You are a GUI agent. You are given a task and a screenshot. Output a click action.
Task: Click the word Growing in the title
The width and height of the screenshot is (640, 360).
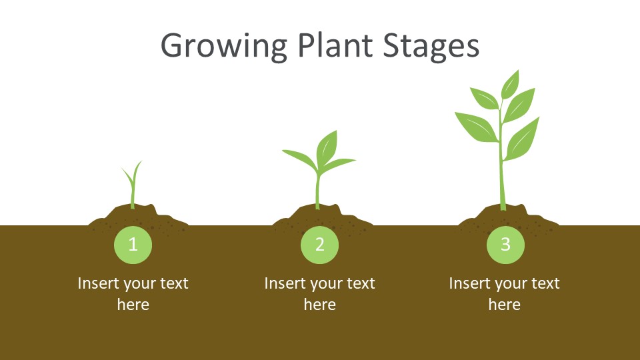tap(224, 46)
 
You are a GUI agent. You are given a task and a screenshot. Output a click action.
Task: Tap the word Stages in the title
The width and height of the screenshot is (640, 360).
tap(431, 46)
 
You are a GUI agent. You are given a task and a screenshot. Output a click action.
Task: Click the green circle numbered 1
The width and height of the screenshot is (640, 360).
tap(133, 245)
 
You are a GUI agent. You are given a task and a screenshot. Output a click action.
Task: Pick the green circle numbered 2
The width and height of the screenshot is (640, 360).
tap(319, 245)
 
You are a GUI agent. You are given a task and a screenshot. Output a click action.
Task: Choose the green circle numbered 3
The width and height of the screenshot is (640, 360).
tap(505, 245)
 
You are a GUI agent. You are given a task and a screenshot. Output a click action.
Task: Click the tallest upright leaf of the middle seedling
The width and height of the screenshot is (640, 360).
tap(327, 148)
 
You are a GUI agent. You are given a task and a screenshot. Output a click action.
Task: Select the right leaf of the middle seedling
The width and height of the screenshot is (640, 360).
tap(338, 164)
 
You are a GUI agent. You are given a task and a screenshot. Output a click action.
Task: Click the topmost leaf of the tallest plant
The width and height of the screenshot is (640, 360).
tap(510, 85)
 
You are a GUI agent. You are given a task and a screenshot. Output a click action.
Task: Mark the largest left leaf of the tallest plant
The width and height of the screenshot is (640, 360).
tap(477, 127)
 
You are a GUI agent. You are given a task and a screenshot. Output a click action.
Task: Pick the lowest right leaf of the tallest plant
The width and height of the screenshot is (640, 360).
tap(523, 139)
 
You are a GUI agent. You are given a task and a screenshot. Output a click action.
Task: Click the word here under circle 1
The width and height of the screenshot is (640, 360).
tap(133, 305)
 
